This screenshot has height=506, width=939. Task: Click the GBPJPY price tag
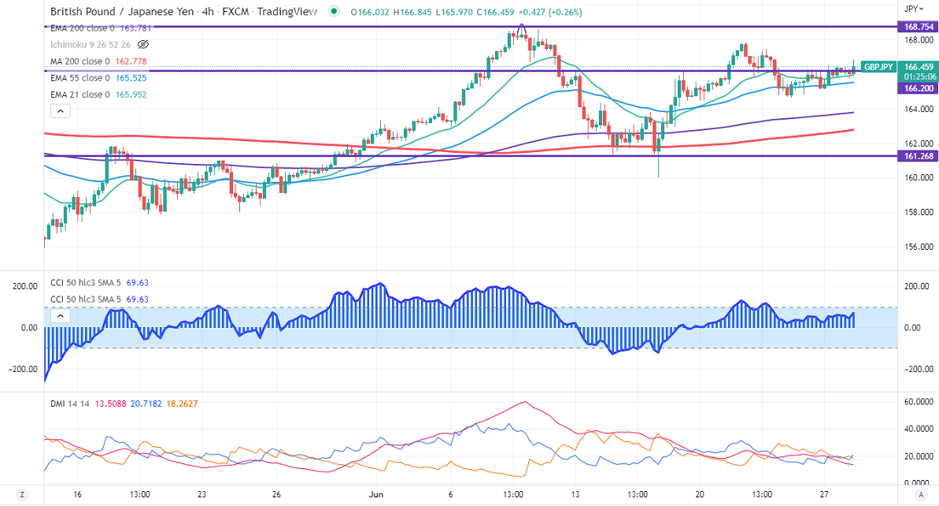(x=878, y=67)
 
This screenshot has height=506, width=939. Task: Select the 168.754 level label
(x=918, y=26)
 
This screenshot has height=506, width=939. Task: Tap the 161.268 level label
(x=918, y=156)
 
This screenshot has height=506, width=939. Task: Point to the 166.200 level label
(x=918, y=89)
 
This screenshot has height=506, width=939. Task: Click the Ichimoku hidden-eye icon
(x=143, y=44)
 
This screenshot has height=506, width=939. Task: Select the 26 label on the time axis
(x=276, y=494)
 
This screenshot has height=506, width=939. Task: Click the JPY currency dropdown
(x=913, y=8)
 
